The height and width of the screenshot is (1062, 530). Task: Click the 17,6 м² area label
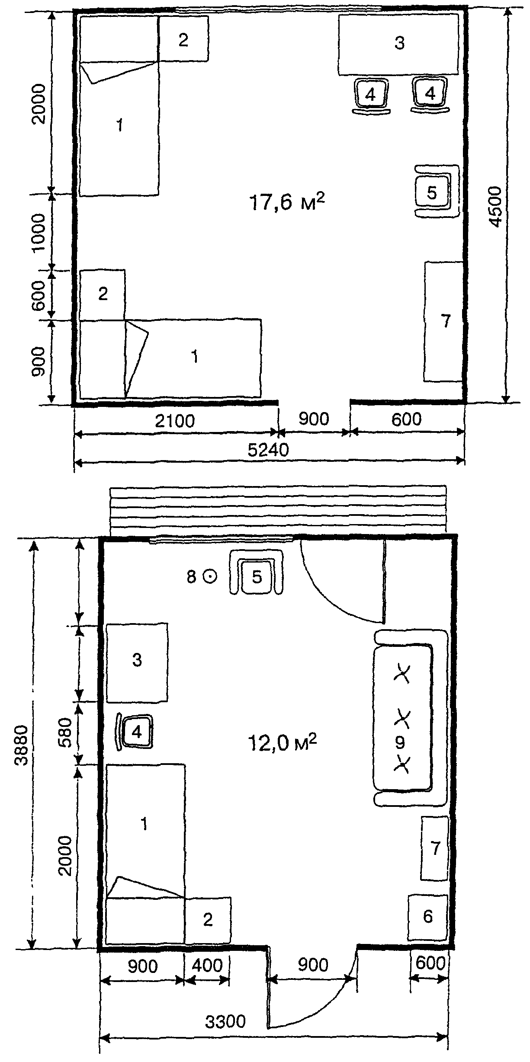click(287, 202)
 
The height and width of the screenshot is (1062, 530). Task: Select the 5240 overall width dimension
click(268, 450)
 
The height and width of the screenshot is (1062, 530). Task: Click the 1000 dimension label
click(38, 232)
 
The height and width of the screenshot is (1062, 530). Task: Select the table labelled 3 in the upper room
click(398, 45)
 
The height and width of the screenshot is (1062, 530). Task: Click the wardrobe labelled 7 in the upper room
click(444, 321)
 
